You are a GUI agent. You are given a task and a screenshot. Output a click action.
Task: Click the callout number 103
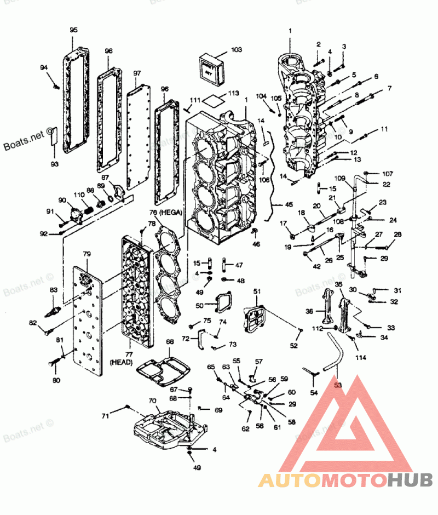click(x=236, y=50)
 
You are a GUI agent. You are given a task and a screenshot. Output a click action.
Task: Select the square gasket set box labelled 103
click(x=211, y=67)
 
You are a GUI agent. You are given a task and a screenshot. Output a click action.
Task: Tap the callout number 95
click(x=73, y=30)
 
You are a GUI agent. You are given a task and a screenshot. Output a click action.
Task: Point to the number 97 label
click(x=137, y=73)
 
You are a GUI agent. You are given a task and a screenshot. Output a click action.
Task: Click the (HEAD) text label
click(x=121, y=362)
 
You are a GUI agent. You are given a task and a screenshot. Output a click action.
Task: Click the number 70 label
click(x=152, y=400)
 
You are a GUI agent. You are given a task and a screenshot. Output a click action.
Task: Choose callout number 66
click(x=170, y=342)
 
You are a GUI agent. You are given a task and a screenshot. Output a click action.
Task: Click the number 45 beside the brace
click(x=289, y=205)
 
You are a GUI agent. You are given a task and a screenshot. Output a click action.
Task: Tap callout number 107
click(x=388, y=174)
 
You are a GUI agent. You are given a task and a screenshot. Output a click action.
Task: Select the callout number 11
click(x=384, y=129)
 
